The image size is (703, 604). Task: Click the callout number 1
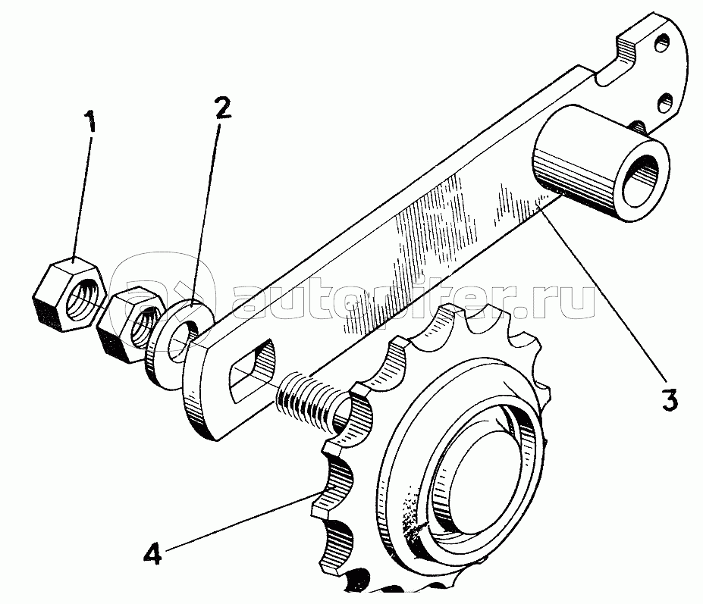pyautogui.click(x=91, y=117)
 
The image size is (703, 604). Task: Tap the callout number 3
pyautogui.click(x=670, y=399)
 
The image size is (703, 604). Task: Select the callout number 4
pyautogui.click(x=153, y=553)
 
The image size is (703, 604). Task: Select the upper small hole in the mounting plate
pyautogui.click(x=662, y=43)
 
